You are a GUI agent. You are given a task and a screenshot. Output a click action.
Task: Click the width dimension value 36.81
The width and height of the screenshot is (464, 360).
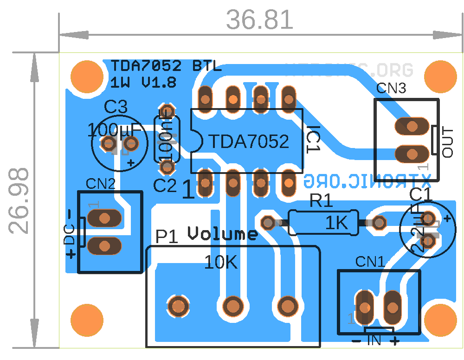pos(260,20)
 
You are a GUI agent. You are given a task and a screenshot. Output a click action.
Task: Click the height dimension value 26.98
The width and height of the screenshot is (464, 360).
pos(19,201)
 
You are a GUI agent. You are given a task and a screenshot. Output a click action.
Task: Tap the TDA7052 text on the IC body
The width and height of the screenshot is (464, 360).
pos(249,141)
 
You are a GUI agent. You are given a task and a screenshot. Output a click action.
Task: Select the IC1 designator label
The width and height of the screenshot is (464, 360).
pos(314,139)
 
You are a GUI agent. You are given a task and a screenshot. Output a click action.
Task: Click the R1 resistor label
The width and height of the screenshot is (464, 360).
pos(322,201)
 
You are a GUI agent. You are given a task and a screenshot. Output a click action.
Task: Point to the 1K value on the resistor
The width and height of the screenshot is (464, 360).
pos(336,223)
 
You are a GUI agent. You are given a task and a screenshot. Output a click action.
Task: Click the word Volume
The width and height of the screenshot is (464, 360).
pos(223,233)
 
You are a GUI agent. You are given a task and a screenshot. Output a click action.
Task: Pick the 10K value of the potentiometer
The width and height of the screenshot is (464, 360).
pos(221,263)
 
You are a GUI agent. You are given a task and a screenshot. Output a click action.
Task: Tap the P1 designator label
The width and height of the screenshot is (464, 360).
pos(167,237)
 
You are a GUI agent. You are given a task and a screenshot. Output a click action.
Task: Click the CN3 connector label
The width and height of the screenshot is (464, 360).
pos(391,88)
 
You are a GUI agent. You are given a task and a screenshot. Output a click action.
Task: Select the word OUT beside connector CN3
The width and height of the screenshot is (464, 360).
pos(448,142)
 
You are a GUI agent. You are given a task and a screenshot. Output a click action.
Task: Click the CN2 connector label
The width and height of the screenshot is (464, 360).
pos(100,184)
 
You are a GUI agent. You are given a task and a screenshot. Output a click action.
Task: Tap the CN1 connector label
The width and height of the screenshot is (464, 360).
pos(370,262)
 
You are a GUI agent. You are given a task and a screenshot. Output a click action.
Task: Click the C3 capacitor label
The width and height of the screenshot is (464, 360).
pos(115,108)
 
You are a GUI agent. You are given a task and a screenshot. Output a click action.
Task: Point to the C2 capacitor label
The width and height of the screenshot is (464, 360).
pos(165,186)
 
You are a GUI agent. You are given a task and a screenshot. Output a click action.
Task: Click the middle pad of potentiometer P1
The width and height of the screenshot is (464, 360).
pos(232,306)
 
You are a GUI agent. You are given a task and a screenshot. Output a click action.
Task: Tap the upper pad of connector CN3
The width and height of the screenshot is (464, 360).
pos(411,126)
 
